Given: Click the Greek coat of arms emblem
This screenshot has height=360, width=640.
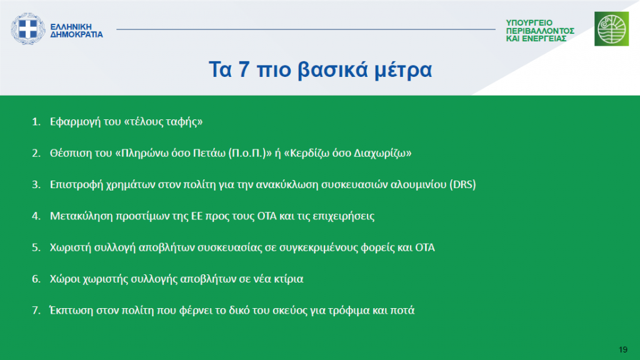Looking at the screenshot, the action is click(x=27, y=29).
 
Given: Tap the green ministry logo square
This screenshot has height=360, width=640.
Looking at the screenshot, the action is click(x=611, y=29).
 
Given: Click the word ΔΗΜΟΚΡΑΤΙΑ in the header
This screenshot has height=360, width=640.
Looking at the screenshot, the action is click(x=76, y=35).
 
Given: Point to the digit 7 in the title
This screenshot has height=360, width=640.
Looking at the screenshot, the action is click(x=244, y=69).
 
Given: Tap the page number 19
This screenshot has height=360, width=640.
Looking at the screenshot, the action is click(x=623, y=349).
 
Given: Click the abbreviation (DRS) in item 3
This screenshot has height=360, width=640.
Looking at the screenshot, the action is click(x=462, y=184).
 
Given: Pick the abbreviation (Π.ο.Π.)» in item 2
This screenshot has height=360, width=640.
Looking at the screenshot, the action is click(x=250, y=153).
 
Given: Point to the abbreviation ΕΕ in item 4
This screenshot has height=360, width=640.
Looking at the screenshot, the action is click(x=197, y=216).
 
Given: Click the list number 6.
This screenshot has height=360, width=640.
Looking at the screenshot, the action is click(x=36, y=279).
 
